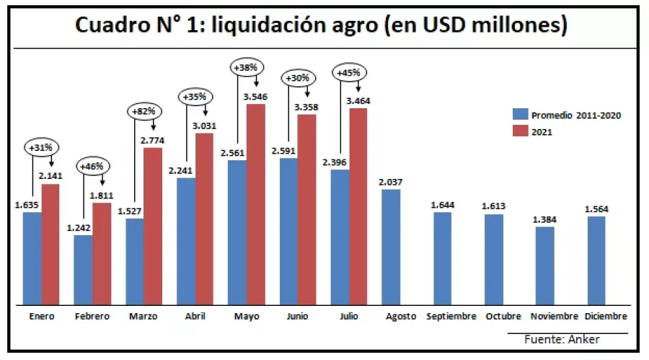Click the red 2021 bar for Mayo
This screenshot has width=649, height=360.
(x=256, y=203)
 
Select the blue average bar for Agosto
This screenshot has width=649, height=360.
(x=391, y=246)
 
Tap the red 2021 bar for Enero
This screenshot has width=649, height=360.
(x=50, y=243)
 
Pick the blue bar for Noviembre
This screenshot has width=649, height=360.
(x=545, y=265)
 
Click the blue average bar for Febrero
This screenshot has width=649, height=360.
(x=83, y=268)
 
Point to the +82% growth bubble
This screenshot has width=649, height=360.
(x=146, y=112)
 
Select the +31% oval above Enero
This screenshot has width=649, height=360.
(x=42, y=148)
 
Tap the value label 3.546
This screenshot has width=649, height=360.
(x=256, y=96)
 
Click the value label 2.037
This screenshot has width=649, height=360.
(x=391, y=182)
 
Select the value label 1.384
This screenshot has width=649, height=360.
(x=545, y=219)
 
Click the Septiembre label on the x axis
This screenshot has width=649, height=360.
(x=451, y=317)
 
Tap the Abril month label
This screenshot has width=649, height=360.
(x=195, y=317)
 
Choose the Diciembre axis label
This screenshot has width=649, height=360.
(x=606, y=317)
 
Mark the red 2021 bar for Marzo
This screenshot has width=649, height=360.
(x=153, y=225)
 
